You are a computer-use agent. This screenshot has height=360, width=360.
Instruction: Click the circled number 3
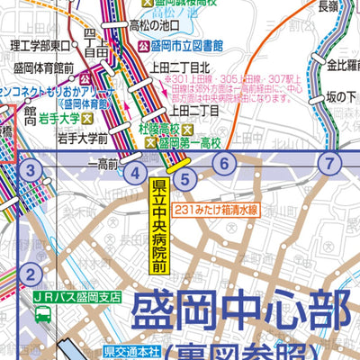pos(31,170)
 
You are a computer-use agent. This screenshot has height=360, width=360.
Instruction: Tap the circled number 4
pos(135,175)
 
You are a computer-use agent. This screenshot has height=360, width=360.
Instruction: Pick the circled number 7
pos(332,163)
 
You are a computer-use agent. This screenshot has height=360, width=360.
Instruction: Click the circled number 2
pos(30,276)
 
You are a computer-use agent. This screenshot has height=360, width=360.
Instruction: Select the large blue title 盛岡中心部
pos(238,311)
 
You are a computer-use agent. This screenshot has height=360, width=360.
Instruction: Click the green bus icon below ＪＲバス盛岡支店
pos(42,314)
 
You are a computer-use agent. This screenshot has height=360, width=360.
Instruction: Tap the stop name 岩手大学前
pos(82,139)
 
